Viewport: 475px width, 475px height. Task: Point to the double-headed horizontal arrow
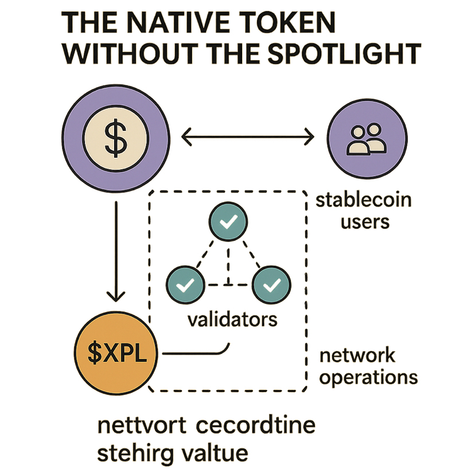pyautogui.click(x=248, y=138)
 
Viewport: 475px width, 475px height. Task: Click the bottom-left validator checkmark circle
pyautogui.click(x=185, y=283)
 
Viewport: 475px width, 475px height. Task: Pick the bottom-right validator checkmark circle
pyautogui.click(x=271, y=283)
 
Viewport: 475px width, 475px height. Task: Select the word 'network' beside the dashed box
pyautogui.click(x=357, y=355)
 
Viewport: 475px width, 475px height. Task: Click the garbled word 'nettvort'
pyautogui.click(x=142, y=427)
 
